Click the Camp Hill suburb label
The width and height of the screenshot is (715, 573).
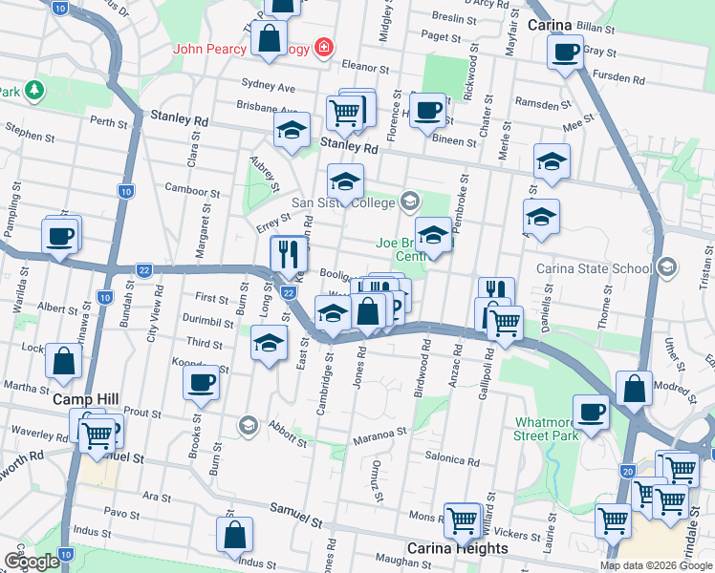(79, 398)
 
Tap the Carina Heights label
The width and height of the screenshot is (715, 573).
(458, 548)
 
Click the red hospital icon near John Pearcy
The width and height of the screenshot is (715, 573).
(325, 47)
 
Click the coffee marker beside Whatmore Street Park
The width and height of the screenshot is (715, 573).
(592, 412)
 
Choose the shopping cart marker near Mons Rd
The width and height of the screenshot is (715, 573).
(462, 520)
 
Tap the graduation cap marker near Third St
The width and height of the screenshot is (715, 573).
(270, 343)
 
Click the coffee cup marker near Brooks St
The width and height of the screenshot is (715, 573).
(203, 383)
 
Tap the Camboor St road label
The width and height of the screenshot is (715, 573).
(192, 191)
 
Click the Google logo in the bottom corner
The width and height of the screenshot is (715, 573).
(32, 562)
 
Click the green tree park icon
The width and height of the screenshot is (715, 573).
(34, 91)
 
